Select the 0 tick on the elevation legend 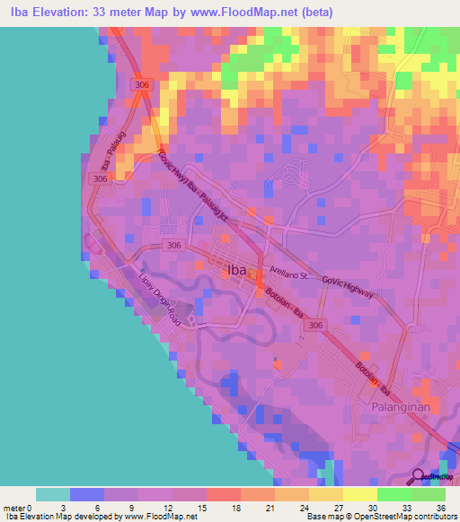[x=36, y=508]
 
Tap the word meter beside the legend [x=15, y=508]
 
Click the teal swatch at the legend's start [x=53, y=494]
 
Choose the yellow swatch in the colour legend [x=359, y=494]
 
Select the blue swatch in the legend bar [x=87, y=494]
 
